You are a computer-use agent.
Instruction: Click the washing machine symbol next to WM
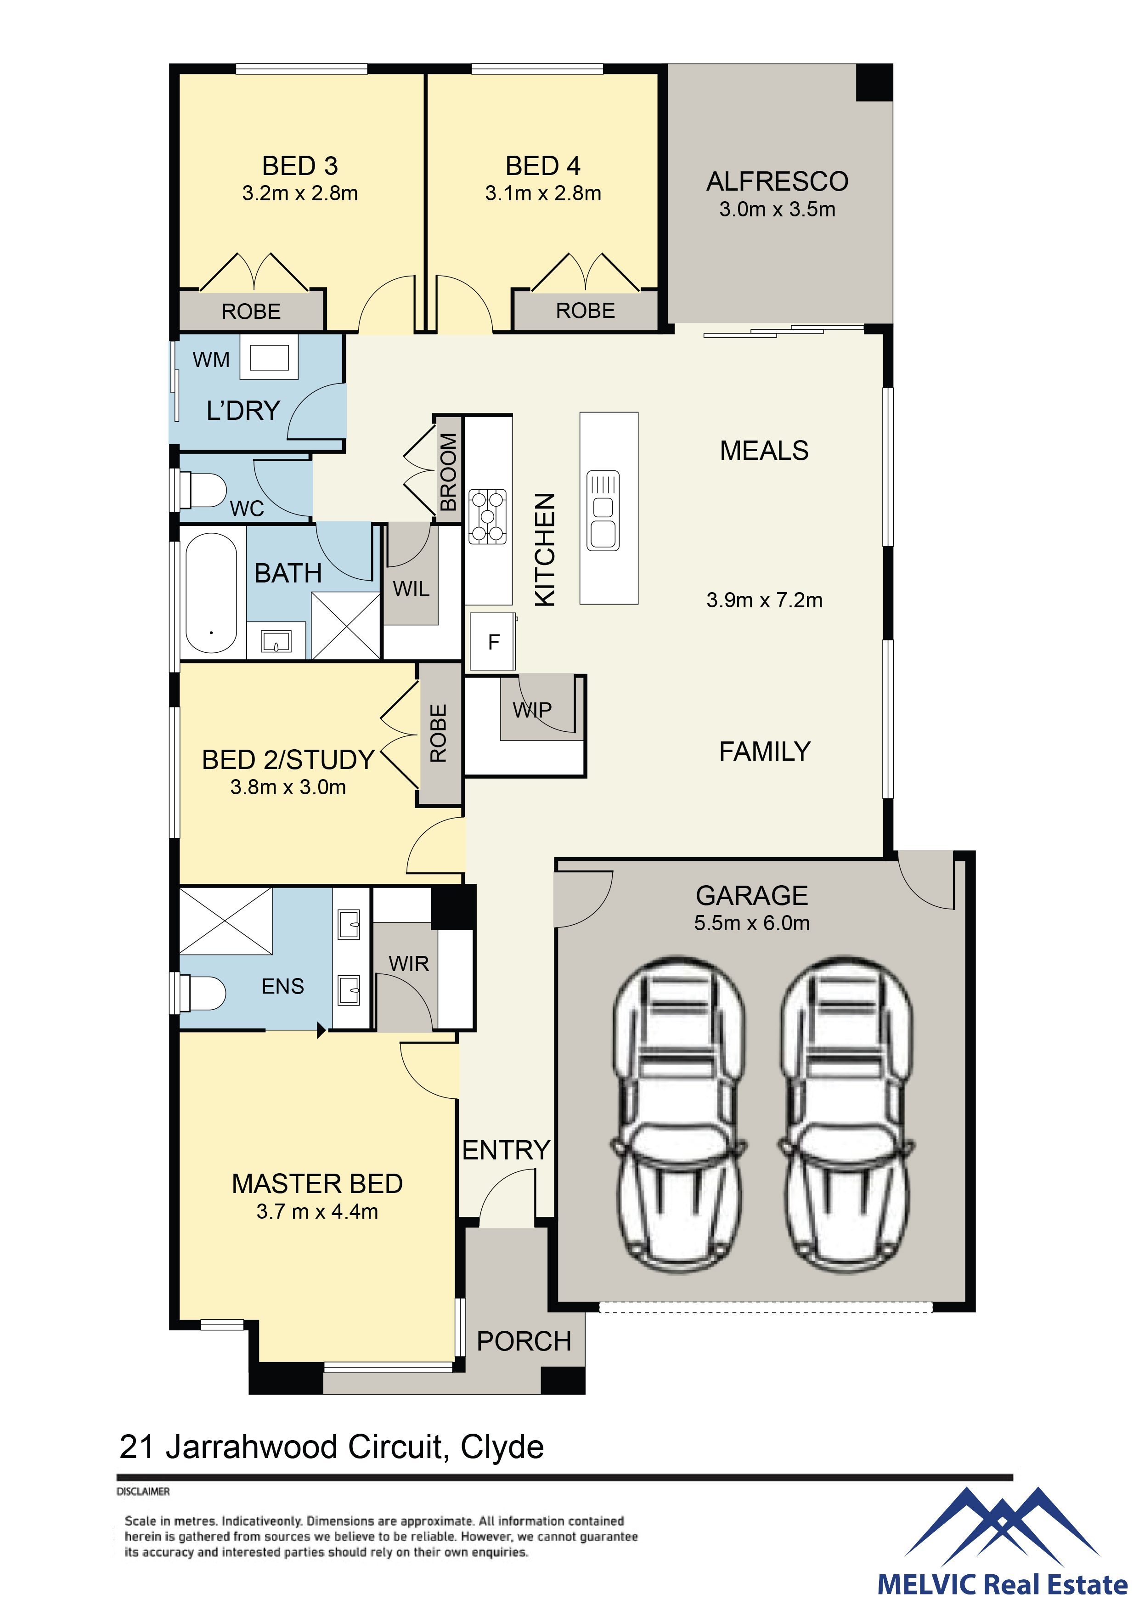point(269,357)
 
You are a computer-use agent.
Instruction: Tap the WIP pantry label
point(532,710)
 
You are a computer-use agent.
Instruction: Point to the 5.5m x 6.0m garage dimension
point(752,923)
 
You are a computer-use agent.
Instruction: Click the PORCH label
point(524,1341)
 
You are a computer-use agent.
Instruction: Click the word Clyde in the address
point(502,1447)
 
